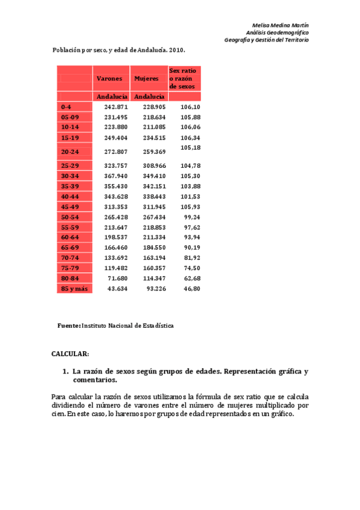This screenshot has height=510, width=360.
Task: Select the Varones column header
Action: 109,79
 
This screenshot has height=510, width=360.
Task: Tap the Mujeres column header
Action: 147,79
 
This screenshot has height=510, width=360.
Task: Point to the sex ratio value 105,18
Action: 190,147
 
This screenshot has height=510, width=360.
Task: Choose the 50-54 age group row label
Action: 70,217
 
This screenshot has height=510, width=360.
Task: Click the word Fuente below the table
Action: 69,325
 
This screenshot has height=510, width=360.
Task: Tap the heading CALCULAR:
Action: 70,354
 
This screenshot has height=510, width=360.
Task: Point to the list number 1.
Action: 66,372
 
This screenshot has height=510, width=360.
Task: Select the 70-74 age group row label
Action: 70,258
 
